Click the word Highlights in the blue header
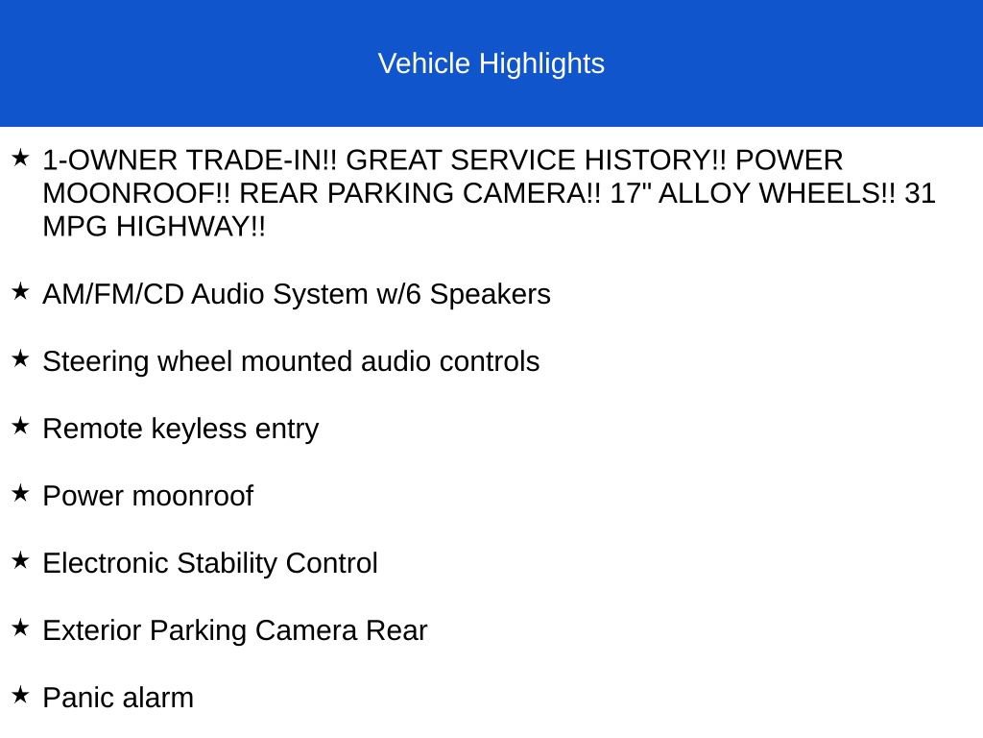point(541,64)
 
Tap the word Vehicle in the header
point(423,63)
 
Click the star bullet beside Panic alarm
point(21,695)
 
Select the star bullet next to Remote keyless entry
point(21,426)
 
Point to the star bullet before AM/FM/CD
point(21,291)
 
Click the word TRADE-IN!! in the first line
point(261,160)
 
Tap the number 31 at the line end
point(920,193)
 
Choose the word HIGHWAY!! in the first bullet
point(191,227)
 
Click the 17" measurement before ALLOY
point(631,193)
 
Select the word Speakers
point(490,294)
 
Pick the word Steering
point(96,362)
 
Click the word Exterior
point(92,630)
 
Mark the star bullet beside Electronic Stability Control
point(21,560)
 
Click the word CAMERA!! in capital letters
point(532,193)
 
